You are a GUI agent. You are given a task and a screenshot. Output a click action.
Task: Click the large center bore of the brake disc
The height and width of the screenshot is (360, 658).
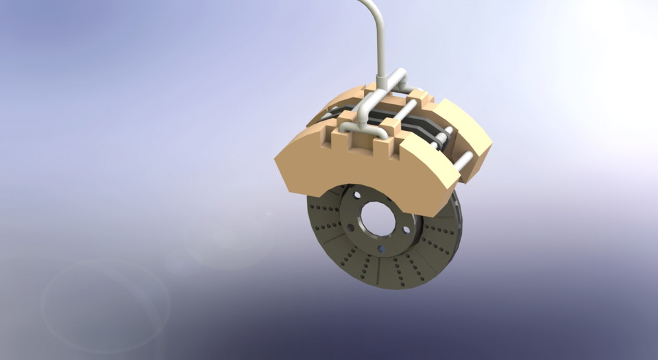378,219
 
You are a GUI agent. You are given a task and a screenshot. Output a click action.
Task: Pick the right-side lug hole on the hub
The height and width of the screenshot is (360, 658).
406,230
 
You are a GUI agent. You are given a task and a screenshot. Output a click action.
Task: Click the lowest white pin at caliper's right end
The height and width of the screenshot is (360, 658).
463,162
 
